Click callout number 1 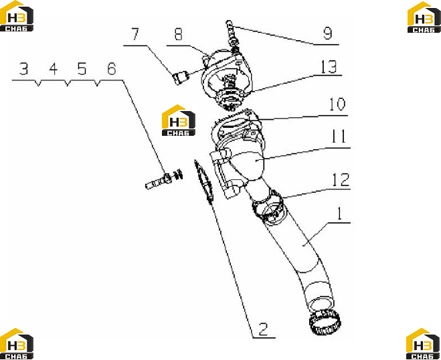pos(340,213)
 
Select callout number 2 pos(263,329)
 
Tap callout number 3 pos(23,69)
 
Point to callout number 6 pos(111,69)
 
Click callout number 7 pos(135,34)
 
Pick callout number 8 pos(178,34)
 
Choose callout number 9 pos(328,33)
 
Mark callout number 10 pos(337,104)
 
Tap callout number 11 pos(339,136)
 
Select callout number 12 pos(341,180)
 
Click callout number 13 pos(329,67)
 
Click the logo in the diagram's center pos(179,120)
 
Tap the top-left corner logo pos(17,16)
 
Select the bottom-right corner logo pos(424,344)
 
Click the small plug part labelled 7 pos(180,78)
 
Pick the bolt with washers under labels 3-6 pos(164,180)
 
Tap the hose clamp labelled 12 pos(268,205)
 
